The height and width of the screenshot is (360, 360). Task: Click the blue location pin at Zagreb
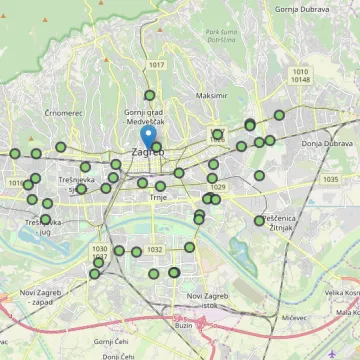coord(149,136)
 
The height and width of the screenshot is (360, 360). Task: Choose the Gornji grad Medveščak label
coord(149,117)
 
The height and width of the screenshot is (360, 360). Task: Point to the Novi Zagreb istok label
coord(208,299)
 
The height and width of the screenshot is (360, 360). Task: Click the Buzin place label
coord(183,325)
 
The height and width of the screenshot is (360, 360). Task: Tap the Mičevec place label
coord(293,317)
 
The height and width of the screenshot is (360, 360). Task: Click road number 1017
coord(156,65)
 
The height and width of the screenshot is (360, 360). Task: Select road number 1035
coord(331,179)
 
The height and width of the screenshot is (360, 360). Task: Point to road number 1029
coord(218,187)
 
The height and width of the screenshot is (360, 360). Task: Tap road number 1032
coord(154,249)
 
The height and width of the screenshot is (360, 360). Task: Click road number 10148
coord(301,80)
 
